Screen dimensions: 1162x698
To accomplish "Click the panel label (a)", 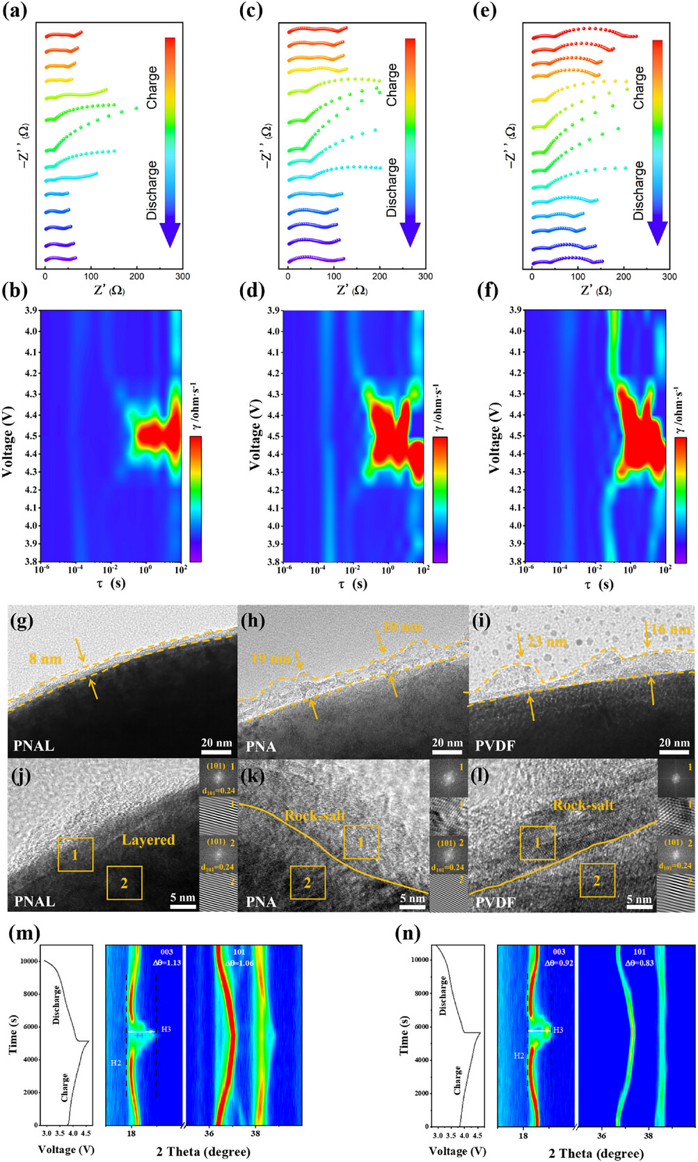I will pos(15,12).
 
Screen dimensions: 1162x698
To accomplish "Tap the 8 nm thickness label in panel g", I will pos(45,658).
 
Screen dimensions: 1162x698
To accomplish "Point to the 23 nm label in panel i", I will pos(547,642).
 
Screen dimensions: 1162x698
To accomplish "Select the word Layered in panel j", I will pos(148,839).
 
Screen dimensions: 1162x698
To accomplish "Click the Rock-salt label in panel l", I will pos(583,805).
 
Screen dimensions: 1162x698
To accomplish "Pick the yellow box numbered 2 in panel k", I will pos(308,883).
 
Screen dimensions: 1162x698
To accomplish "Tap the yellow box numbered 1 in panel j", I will pos(76,854).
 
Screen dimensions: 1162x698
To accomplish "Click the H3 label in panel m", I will pos(166,1029).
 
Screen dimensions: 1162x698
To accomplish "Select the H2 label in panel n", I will pos(519,1055).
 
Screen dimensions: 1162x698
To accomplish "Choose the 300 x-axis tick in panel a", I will pos(182,277).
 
